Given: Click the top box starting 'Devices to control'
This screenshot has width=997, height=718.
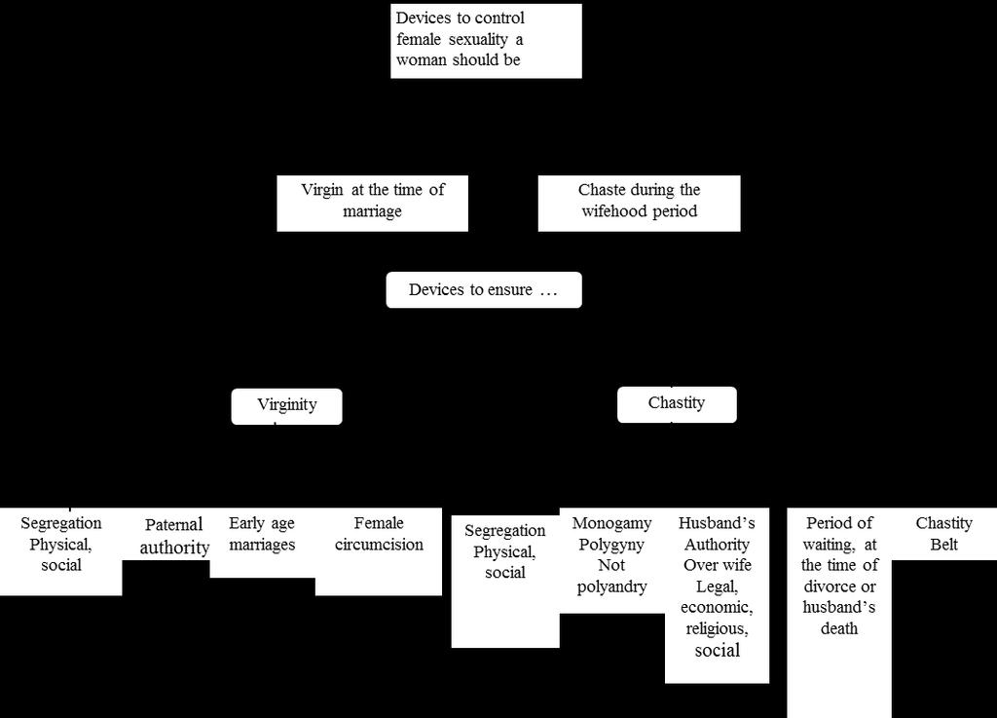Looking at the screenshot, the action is [486, 41].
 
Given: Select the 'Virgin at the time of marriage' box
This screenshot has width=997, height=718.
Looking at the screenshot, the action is [373, 204].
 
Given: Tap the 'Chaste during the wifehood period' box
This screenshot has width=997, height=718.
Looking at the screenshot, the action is [639, 204].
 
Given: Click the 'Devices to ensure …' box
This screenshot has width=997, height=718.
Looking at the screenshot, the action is [484, 290].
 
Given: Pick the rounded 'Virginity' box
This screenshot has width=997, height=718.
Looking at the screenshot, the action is [287, 406].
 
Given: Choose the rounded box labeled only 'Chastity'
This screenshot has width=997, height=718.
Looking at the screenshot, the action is [677, 404].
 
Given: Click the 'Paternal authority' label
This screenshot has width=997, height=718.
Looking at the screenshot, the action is [174, 536].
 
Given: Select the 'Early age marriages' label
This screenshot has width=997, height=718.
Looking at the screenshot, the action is [262, 534].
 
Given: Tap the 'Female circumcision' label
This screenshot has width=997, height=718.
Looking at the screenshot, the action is [379, 534].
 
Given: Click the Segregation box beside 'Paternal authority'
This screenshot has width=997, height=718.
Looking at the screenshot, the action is [61, 551].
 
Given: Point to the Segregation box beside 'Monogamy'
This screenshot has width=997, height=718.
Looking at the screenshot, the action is [505, 582].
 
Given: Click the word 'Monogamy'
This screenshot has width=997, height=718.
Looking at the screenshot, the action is [611, 523].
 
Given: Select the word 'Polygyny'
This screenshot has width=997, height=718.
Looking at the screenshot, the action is [611, 545].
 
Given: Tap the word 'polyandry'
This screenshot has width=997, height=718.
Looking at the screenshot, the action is [611, 586].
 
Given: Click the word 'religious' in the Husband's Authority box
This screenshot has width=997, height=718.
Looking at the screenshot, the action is [717, 629].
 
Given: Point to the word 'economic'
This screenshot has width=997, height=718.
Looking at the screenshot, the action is [717, 608].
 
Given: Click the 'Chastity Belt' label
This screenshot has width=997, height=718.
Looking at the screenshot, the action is [943, 534].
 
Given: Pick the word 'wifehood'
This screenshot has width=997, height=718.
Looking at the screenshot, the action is [611, 211].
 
